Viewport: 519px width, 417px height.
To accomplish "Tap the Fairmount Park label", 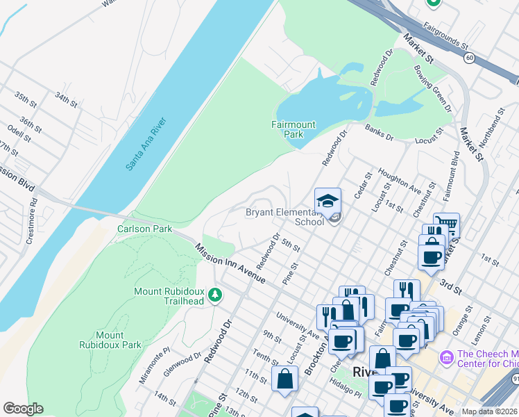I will click(x=293, y=129).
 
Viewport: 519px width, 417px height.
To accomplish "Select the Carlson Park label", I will click(x=144, y=228).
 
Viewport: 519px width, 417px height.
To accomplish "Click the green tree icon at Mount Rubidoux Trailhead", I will click(x=215, y=295).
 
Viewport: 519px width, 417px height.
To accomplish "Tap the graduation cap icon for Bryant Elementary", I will click(x=328, y=202).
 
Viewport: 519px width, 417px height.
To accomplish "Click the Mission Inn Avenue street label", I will click(x=230, y=262).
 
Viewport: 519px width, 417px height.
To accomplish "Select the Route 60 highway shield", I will click(x=470, y=58).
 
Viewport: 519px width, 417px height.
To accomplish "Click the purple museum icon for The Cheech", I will click(x=446, y=357).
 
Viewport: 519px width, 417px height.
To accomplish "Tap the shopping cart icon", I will click(x=446, y=225).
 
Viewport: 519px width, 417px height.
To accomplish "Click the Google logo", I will click(x=23, y=409).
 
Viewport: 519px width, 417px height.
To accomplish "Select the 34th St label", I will click(x=67, y=99).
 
